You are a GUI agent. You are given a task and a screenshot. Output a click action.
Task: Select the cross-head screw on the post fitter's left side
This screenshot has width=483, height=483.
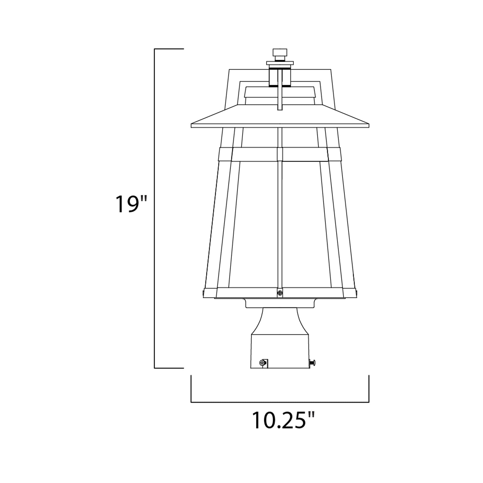point(262,363)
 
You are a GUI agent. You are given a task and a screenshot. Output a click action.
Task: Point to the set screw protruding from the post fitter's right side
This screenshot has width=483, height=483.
point(313,362)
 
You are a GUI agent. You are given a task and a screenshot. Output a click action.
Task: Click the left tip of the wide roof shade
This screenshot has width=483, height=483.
point(192,125)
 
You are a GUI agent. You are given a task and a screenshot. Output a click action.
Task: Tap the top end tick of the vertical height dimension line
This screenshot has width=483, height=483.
point(169,49)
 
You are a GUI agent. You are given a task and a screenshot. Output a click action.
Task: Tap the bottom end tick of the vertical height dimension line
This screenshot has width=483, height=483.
point(169,368)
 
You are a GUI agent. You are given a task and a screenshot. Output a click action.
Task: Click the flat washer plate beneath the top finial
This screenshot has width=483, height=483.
point(280,63)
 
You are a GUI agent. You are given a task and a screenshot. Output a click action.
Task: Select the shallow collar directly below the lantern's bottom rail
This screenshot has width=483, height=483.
point(280,303)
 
